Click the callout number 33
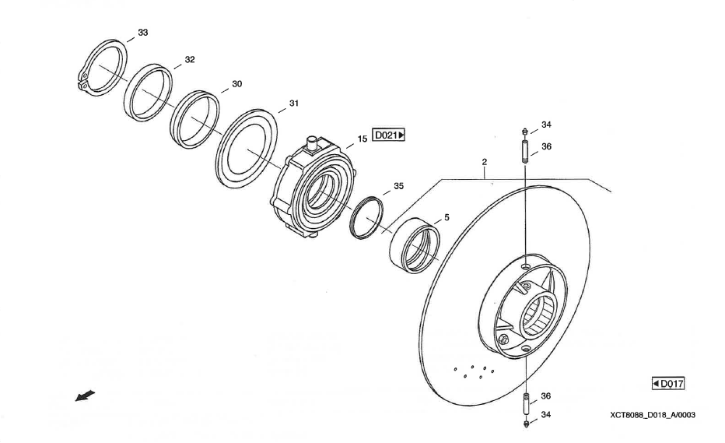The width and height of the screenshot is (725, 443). (143, 33)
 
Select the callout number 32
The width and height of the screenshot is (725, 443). (190, 59)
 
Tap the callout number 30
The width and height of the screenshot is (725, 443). (236, 84)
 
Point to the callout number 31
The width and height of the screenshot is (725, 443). (293, 104)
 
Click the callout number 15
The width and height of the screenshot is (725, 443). (362, 139)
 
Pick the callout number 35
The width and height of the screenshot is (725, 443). (398, 186)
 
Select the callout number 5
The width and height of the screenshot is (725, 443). (447, 217)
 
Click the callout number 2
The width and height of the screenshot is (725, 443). (484, 162)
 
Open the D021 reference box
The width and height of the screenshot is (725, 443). (388, 135)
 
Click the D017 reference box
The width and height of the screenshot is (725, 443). (667, 384)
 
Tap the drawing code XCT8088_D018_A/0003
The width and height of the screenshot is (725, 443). (653, 415)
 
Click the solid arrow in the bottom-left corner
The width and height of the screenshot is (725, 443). (85, 396)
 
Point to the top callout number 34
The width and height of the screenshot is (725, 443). (547, 125)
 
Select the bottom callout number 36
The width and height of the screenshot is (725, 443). (546, 396)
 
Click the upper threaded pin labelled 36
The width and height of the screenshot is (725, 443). (525, 152)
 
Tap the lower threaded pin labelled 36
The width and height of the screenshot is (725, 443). (526, 404)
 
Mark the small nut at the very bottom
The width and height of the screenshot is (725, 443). (526, 423)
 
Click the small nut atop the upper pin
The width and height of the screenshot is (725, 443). (525, 132)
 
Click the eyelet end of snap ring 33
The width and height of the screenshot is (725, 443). (83, 80)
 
